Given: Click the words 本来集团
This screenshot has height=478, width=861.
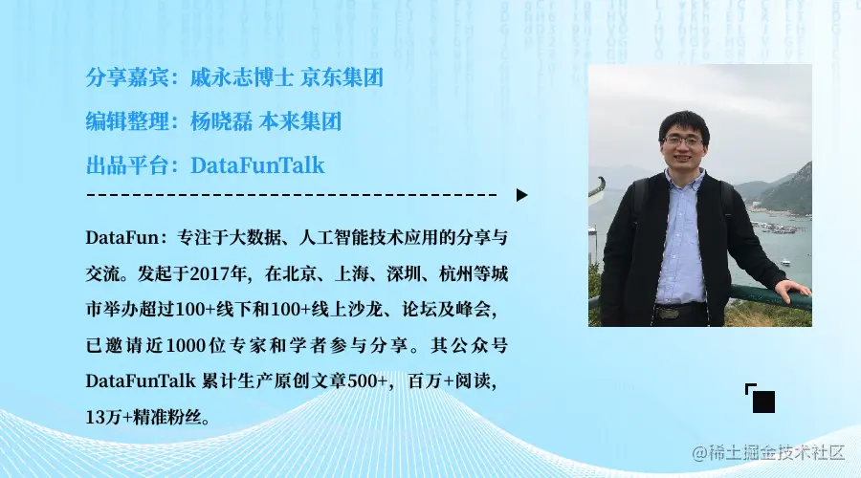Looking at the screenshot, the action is pos(299,121).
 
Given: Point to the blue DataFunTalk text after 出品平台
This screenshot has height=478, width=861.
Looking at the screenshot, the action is pos(257,165).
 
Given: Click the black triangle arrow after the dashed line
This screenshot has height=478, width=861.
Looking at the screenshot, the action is pos(521,195).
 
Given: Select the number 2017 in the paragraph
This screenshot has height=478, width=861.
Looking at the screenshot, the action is pos(210,273).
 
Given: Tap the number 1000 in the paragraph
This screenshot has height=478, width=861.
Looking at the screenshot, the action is pos(186,345).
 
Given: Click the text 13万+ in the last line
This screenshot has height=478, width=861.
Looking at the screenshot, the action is pos(109,417).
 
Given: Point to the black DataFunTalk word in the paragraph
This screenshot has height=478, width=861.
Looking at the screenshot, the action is pos(141,380).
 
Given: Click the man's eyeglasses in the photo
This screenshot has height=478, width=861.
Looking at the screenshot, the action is pos(682,141).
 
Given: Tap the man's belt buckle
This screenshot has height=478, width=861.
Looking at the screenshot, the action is pos(668,313).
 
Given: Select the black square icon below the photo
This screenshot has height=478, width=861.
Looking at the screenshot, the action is pos(763,402).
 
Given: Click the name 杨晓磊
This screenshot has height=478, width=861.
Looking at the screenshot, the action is pos(221,121).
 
